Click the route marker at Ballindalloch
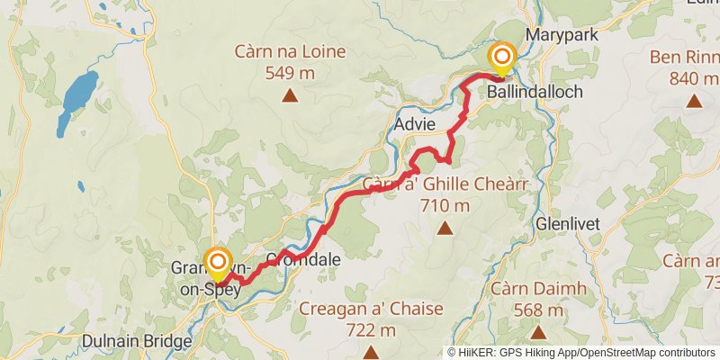501,58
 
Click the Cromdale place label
302,259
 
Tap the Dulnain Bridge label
136,342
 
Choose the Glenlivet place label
565,221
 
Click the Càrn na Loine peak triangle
290,94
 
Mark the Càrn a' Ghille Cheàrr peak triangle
445,229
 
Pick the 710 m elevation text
445,205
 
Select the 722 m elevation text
371,329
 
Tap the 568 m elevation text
538,310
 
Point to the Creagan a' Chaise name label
371,310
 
